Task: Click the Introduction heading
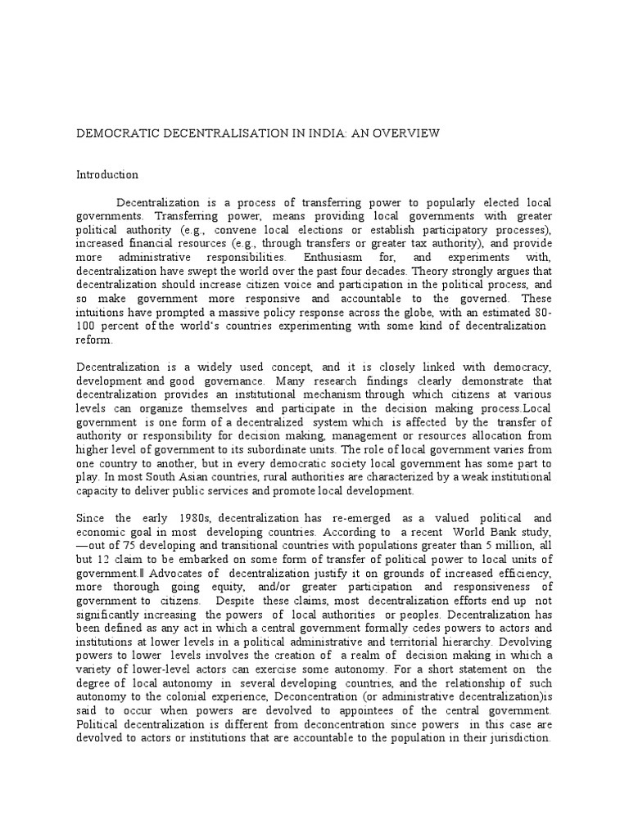107,175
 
